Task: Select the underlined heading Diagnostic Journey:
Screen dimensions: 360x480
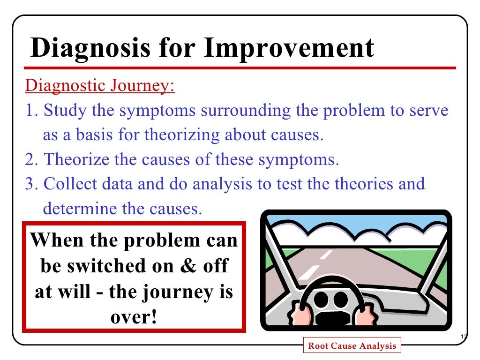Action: pyautogui.click(x=99, y=87)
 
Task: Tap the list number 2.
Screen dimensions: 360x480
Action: pyautogui.click(x=30, y=160)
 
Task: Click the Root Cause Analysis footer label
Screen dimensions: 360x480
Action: pyautogui.click(x=352, y=346)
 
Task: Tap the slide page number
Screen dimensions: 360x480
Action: pyautogui.click(x=464, y=337)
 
